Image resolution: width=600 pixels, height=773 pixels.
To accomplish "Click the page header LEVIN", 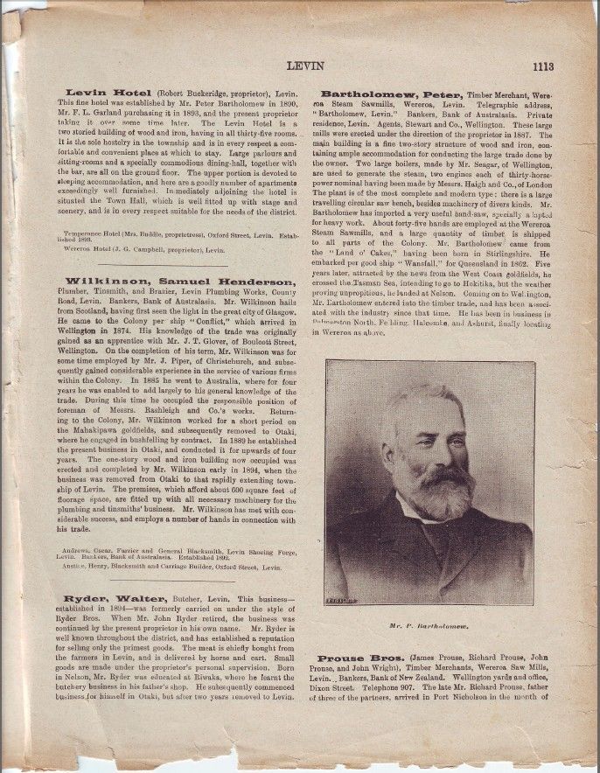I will (x=305, y=66).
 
